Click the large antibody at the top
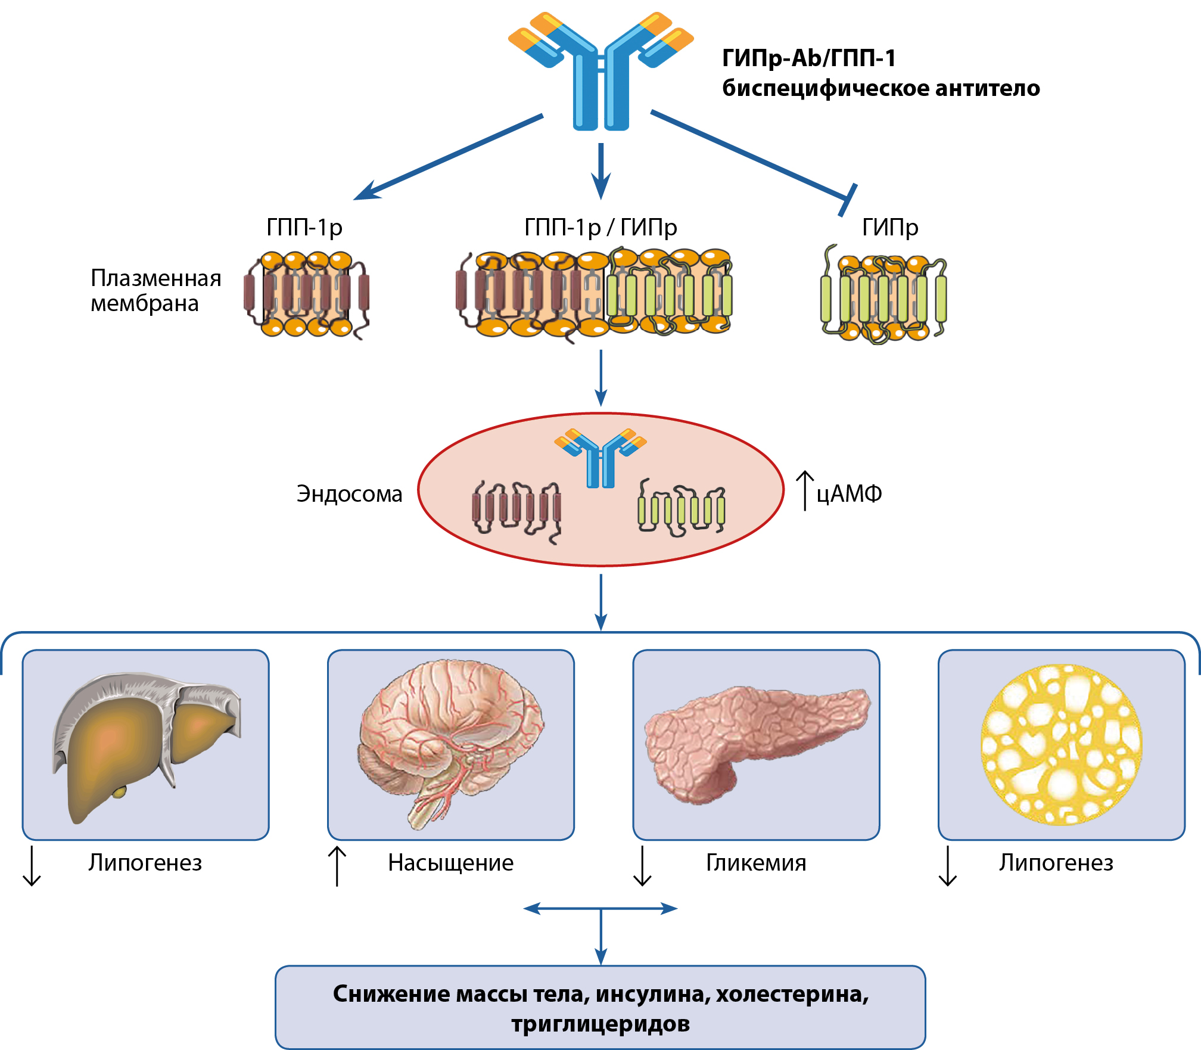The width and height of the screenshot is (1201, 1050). (x=600, y=72)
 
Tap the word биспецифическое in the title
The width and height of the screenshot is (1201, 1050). (x=825, y=89)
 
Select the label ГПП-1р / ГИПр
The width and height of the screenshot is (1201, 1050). (x=600, y=227)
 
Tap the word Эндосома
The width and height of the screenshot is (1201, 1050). (x=350, y=494)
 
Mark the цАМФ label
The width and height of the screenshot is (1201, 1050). (x=849, y=494)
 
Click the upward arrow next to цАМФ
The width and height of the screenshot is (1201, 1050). (x=805, y=490)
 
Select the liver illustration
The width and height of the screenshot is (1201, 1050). (x=146, y=745)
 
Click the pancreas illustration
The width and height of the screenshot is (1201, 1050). (x=756, y=742)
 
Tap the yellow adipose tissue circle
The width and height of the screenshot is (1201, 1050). (x=1061, y=745)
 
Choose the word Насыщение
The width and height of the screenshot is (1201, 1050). (x=451, y=863)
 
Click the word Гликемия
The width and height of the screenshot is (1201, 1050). (x=756, y=863)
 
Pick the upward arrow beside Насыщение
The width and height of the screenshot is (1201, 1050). (x=337, y=866)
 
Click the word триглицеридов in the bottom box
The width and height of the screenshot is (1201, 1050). (x=600, y=1024)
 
